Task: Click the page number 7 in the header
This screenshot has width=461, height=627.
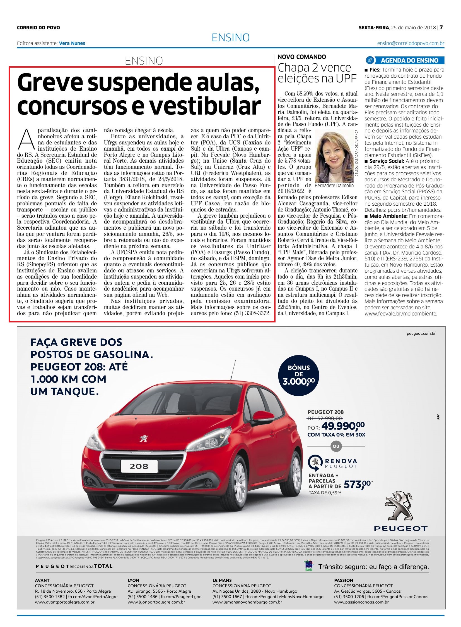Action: [441, 28]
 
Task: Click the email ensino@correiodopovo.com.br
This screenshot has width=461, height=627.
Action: [411, 43]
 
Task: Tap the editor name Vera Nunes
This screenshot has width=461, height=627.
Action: [72, 43]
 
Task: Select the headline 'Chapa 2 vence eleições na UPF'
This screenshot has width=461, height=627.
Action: [317, 73]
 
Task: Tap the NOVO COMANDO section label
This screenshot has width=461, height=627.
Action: [302, 57]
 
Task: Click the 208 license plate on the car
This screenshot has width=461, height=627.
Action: [139, 466]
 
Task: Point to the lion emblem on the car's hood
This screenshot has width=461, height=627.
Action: [144, 438]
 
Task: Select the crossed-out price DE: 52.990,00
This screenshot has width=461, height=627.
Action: [325, 418]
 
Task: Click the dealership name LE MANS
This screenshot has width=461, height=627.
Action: [222, 580]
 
